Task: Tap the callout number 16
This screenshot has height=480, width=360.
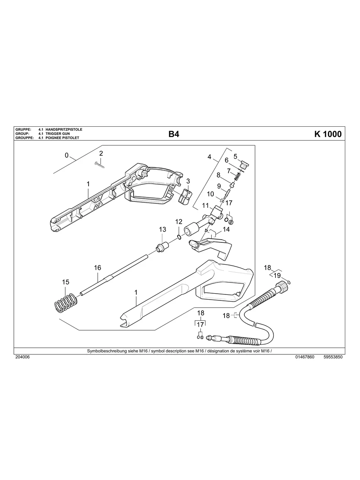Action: point(98,268)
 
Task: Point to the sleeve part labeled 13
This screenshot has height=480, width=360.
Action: point(162,248)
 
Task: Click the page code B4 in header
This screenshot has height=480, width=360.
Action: point(174,134)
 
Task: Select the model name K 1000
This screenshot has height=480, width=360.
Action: point(327,134)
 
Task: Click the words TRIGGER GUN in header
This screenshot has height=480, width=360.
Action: point(58,134)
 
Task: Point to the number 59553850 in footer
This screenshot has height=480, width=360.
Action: point(333,357)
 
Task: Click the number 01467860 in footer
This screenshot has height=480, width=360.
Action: point(305,357)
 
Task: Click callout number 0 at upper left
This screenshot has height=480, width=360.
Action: point(67,155)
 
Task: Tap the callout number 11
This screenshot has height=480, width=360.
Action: point(205,205)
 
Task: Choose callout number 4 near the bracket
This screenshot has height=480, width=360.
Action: point(209,157)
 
